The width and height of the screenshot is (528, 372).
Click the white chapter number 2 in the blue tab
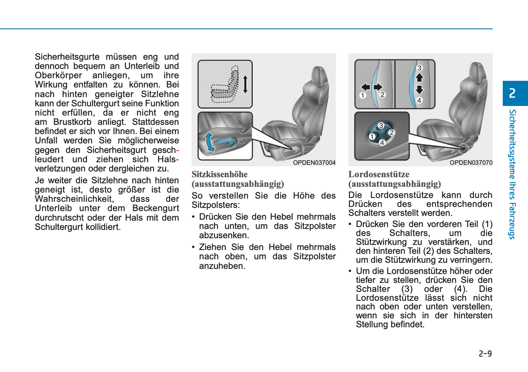coord(512,93)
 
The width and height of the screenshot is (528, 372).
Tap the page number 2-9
coord(485,353)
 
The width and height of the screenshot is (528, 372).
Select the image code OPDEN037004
coord(314,163)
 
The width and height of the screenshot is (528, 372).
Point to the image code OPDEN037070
coord(471,163)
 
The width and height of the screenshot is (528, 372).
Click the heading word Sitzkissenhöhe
coord(220,174)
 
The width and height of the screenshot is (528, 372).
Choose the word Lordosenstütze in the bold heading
coord(379,174)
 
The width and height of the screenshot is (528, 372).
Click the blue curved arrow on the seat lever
coord(209,142)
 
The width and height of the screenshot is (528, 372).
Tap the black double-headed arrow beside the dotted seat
coord(245,84)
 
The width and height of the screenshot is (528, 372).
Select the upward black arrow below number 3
coord(419,77)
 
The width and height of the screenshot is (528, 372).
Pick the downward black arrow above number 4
coord(419,90)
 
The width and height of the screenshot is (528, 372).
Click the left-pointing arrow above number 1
coord(365,87)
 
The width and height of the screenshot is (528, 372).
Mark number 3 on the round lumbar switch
coord(381,126)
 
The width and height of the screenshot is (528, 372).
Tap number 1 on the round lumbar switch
coord(372,137)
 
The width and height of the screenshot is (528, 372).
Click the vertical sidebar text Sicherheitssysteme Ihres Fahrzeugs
coord(512,174)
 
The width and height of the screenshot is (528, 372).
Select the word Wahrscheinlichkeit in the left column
coord(74,199)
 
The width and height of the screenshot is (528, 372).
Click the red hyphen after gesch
coord(178,150)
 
